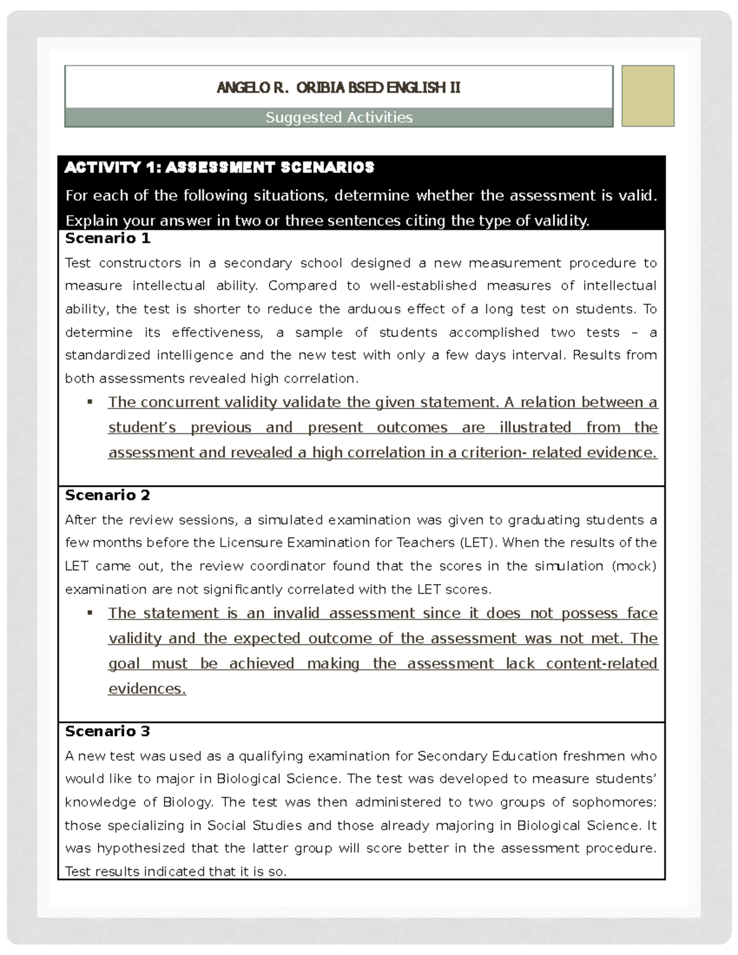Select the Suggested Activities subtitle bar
coord(339,117)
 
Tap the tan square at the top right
coord(648,96)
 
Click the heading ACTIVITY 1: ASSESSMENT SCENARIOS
coord(220,167)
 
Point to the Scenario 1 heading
coord(108,238)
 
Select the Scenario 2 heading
coord(108,495)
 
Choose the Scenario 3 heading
coord(108,731)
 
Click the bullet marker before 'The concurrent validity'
coord(90,402)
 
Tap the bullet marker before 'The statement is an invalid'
coord(90,613)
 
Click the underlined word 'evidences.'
coord(147,689)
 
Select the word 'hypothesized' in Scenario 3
coord(142,848)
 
